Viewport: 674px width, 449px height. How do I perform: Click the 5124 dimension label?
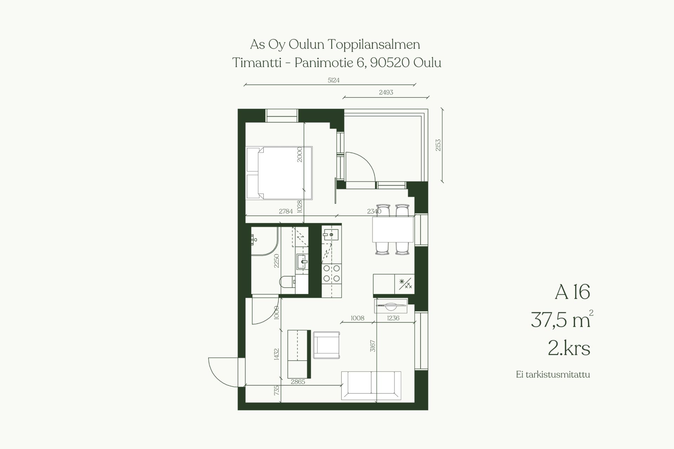pos(333,80)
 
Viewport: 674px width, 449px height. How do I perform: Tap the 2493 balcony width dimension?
pos(386,92)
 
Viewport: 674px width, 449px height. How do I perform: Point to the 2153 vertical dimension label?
pos(438,145)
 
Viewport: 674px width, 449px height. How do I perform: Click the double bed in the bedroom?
pos(279,173)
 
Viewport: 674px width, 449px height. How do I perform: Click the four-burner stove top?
pos(331,273)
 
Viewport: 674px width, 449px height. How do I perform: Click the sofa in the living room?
pos(371,386)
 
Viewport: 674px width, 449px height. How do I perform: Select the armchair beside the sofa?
pos(326,345)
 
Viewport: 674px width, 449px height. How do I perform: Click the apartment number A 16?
pos(572,292)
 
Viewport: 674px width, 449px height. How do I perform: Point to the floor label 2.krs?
pos(569,348)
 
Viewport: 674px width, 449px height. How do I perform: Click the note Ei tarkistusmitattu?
pos(553,375)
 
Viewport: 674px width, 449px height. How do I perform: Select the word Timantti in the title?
pos(257,63)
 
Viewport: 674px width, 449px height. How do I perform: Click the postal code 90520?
pos(390,63)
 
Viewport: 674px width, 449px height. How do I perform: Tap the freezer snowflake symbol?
pos(402,281)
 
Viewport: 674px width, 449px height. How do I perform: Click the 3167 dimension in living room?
pos(373,346)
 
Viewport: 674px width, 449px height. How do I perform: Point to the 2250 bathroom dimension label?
pos(277,261)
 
